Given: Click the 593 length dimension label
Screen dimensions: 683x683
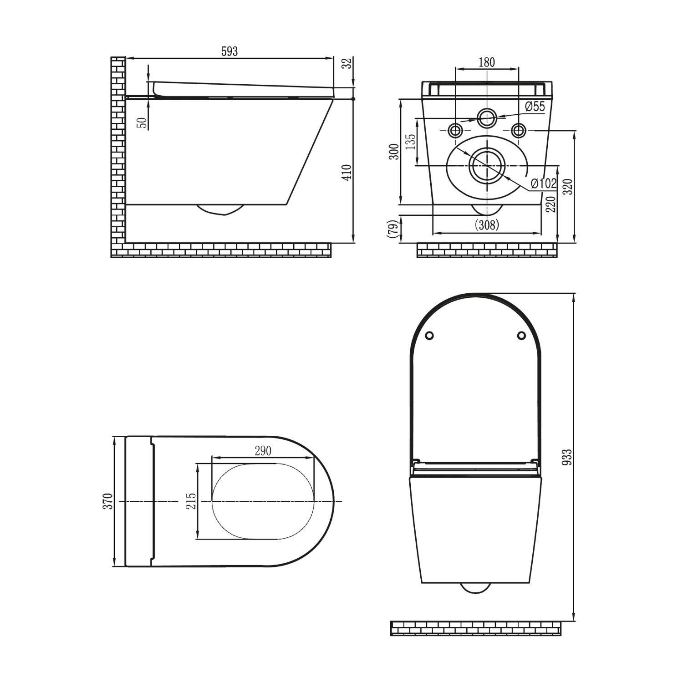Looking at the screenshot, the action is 229,51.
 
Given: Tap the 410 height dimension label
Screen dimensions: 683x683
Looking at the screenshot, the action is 347,173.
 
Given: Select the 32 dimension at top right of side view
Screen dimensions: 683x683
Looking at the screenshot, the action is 347,63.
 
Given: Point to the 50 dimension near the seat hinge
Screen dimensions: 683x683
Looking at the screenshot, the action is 142,122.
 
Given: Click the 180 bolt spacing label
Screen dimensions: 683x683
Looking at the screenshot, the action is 487,62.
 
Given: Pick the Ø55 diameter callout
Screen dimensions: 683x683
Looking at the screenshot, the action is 535,107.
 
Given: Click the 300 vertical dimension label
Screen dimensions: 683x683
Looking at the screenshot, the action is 394,151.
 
